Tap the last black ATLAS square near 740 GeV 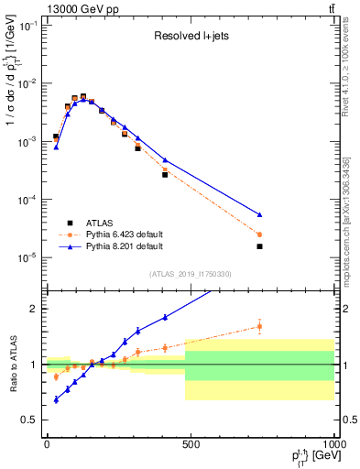[x=260, y=246]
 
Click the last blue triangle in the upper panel [x=260, y=214]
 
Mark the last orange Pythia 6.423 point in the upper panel [x=260, y=234]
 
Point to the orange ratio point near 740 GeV [x=260, y=326]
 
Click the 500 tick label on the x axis [x=191, y=443]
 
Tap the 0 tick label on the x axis [x=47, y=443]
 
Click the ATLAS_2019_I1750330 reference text [x=190, y=274]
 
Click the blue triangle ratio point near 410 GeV [x=165, y=318]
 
